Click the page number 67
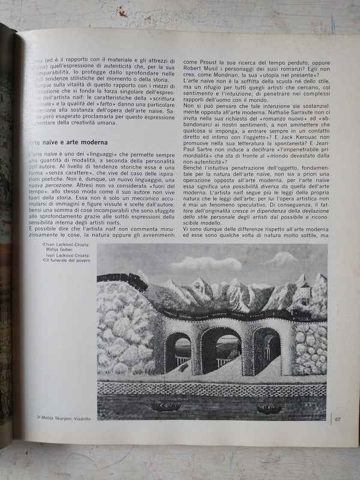coord(338,419)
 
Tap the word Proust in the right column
coord(205,61)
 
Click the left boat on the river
coord(164,406)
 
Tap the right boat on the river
coord(269,409)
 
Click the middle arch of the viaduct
coord(220,352)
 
